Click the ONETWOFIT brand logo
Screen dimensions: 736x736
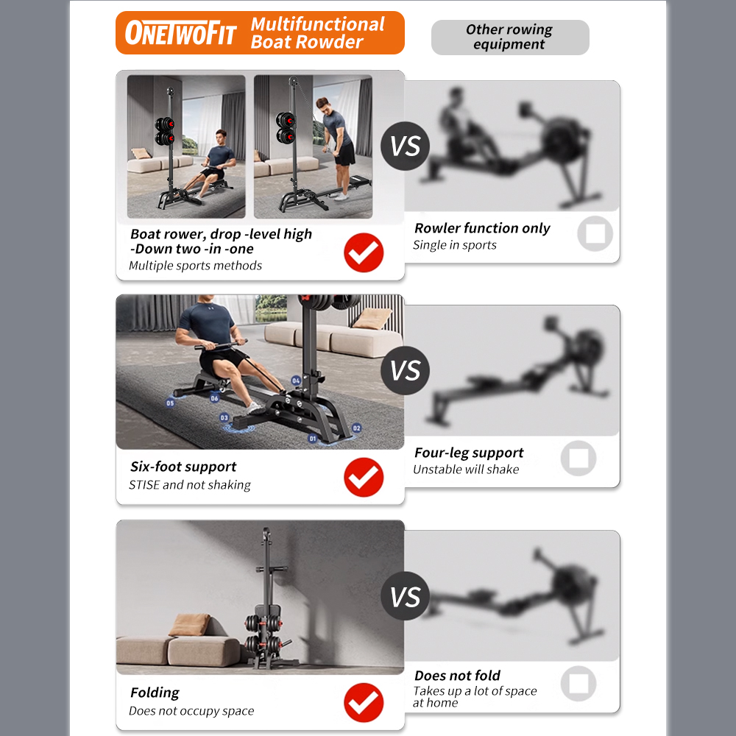click(180, 33)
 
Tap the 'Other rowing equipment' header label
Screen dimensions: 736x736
click(509, 37)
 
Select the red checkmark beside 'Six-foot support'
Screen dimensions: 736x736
click(364, 477)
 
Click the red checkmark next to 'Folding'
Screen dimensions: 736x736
click(364, 702)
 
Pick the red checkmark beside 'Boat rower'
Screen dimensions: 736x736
click(364, 252)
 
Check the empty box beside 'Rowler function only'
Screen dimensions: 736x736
click(595, 234)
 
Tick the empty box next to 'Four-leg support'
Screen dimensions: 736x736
click(578, 459)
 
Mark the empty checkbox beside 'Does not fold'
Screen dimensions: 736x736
click(578, 683)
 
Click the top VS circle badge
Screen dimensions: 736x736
click(405, 146)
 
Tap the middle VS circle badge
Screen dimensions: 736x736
click(405, 371)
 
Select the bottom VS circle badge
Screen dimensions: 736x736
click(405, 596)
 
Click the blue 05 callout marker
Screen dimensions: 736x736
click(170, 403)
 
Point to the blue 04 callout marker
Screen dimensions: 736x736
click(296, 381)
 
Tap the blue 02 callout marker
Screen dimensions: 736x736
click(357, 428)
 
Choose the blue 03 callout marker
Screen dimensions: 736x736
click(224, 417)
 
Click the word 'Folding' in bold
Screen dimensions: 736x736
click(155, 693)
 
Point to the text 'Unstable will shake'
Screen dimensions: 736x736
click(466, 470)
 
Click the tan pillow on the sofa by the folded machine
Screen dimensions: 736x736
click(189, 626)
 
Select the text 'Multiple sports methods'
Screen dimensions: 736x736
click(195, 266)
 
